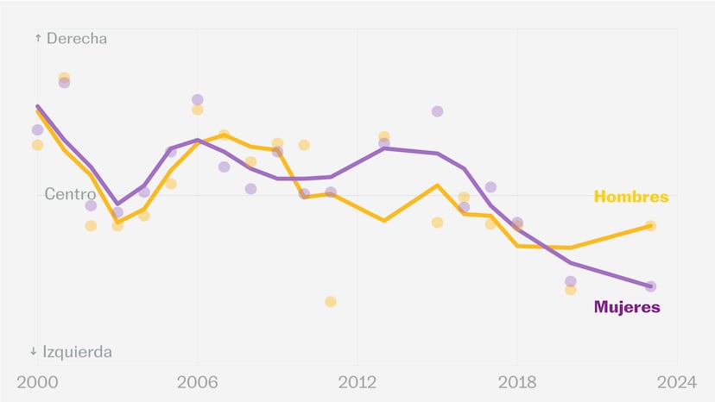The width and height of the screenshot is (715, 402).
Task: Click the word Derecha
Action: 77,38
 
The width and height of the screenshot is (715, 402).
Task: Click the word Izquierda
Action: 77,352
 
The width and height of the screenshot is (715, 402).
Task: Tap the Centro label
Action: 70,194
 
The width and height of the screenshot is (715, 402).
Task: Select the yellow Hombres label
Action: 631,197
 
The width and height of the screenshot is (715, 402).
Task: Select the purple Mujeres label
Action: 627,307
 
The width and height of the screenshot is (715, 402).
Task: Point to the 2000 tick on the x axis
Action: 37,382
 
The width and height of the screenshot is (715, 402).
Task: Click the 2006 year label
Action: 198,382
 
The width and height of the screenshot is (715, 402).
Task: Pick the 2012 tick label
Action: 357,382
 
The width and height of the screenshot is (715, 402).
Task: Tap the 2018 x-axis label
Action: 517,382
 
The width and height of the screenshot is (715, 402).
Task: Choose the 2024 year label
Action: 677,382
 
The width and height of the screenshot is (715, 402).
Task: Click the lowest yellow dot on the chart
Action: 331,301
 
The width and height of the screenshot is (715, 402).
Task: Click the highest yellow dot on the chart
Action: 64,78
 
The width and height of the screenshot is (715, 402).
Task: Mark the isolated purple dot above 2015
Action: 437,111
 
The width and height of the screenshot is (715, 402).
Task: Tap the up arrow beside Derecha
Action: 38,38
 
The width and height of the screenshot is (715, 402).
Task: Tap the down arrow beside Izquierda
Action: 34,351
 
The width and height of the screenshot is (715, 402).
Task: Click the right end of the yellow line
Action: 651,226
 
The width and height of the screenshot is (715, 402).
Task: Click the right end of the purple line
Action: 651,286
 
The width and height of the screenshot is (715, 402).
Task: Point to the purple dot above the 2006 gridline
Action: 198,99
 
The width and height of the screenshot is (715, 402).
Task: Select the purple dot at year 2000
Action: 37,130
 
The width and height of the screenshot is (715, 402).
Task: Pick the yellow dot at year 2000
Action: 37,145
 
